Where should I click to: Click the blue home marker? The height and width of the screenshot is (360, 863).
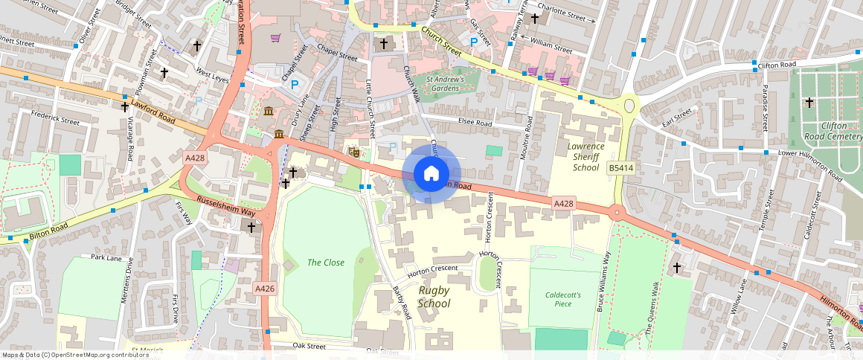pyautogui.click(x=431, y=173)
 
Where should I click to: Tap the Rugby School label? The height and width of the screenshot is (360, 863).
pyautogui.click(x=434, y=297)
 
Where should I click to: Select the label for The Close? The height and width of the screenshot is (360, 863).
pyautogui.click(x=326, y=263)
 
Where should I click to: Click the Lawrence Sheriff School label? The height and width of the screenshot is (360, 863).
pyautogui.click(x=586, y=157)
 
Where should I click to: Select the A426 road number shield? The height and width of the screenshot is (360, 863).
pyautogui.click(x=265, y=289)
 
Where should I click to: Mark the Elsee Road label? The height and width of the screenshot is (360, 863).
pyautogui.click(x=475, y=123)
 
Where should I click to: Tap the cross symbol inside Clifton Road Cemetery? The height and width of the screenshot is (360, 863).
pyautogui.click(x=809, y=102)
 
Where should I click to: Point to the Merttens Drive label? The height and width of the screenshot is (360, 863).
pyautogui.click(x=126, y=290)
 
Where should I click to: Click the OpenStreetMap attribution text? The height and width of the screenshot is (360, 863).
pyautogui.click(x=74, y=355)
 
